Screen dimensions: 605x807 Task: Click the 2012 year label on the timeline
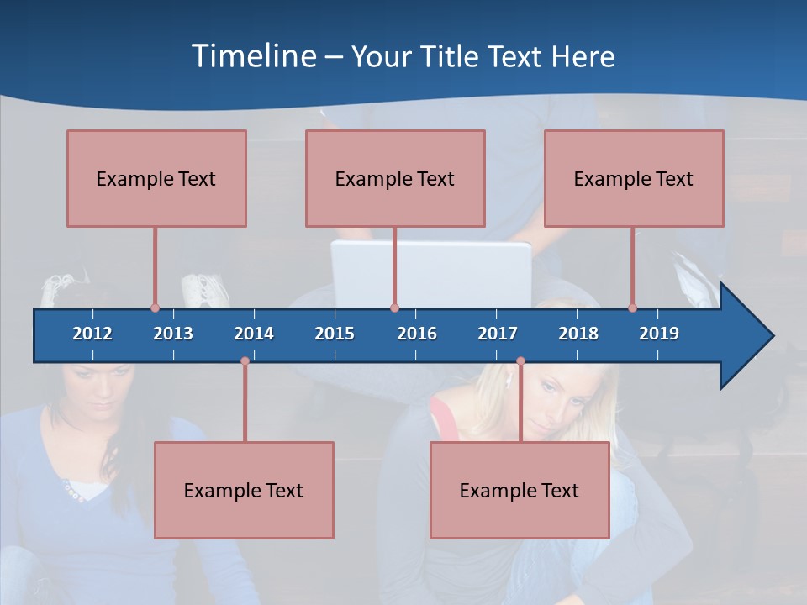[x=92, y=334]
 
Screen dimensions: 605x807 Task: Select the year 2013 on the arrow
[x=173, y=334]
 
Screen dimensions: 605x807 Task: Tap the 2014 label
[x=254, y=334]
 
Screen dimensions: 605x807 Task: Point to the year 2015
[x=335, y=334]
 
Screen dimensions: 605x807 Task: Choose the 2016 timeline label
[x=417, y=334]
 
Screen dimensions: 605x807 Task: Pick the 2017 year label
[x=498, y=334]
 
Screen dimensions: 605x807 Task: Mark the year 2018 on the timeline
[x=578, y=334]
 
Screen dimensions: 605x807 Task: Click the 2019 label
[x=659, y=334]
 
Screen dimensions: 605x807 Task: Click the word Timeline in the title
[x=253, y=56]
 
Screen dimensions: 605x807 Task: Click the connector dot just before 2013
[x=155, y=308]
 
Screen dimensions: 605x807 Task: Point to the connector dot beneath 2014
[x=245, y=361]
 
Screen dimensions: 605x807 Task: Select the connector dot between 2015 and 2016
[x=394, y=308]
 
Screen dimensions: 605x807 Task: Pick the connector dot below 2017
[x=520, y=361]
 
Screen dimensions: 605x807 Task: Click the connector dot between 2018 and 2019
[x=632, y=308]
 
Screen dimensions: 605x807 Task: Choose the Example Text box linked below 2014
[x=244, y=490]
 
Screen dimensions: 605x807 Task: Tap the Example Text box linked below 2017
[x=520, y=490]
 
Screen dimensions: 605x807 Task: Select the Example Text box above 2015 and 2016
[x=395, y=178]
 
